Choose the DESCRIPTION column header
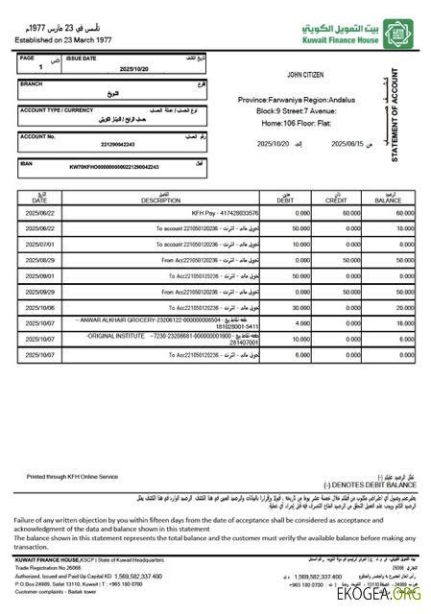point(160,201)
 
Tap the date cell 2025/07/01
point(44,244)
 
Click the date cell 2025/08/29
point(44,260)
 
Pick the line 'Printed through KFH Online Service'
point(71,476)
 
